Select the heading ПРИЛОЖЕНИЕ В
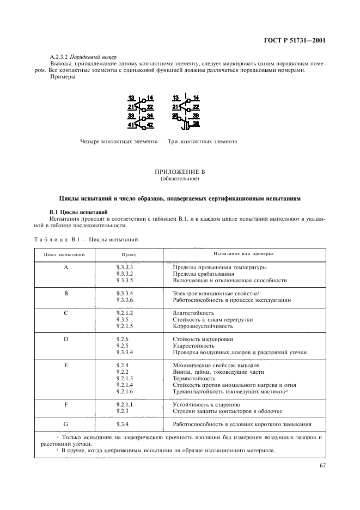(x=180, y=172)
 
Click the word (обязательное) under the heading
(x=180, y=178)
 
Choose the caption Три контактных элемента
(x=202, y=142)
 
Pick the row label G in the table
(x=65, y=423)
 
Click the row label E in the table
(x=65, y=365)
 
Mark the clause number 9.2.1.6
(x=125, y=391)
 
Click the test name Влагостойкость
(x=193, y=313)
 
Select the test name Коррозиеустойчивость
(x=203, y=326)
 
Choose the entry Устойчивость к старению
(x=206, y=404)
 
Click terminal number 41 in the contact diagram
(x=131, y=125)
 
